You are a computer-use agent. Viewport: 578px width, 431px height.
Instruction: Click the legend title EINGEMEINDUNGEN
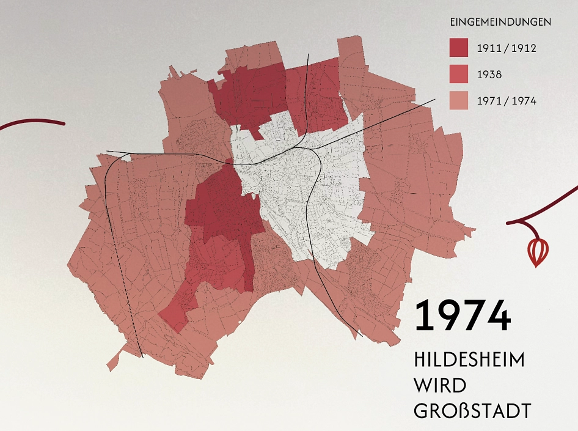[x=500, y=22]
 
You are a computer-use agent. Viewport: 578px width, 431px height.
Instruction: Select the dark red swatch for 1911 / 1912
[x=458, y=48]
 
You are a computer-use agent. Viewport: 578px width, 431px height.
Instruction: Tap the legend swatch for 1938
[x=458, y=75]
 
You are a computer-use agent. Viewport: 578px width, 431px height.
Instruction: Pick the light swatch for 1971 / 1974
[x=458, y=101]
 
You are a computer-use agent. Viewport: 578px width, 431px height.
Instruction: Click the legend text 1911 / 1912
[x=507, y=48]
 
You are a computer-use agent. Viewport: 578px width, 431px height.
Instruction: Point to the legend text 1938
[x=489, y=75]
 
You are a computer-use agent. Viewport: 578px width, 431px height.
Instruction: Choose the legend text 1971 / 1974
[x=507, y=101]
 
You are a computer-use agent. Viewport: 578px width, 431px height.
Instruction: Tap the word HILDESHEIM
[x=469, y=359]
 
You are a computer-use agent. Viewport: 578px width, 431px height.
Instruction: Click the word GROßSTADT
[x=472, y=411]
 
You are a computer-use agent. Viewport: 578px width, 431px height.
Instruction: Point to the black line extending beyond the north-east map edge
[x=422, y=104]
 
